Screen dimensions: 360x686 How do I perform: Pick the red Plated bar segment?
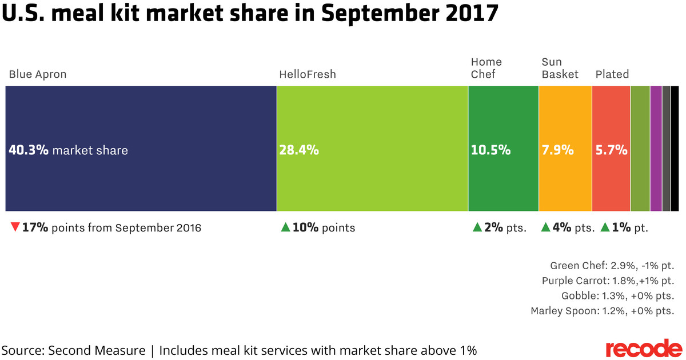point(611,183)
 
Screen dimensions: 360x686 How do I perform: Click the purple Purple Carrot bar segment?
point(656,149)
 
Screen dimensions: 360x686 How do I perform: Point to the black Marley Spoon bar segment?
point(675,149)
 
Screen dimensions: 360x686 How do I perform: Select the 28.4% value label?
point(299,151)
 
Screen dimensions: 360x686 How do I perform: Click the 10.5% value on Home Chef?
point(490,151)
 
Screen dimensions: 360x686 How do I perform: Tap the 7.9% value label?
point(557,151)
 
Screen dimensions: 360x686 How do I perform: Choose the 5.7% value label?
point(611,151)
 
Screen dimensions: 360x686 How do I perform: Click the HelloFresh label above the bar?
point(307,74)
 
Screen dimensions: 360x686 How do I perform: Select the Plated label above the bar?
point(612,74)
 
